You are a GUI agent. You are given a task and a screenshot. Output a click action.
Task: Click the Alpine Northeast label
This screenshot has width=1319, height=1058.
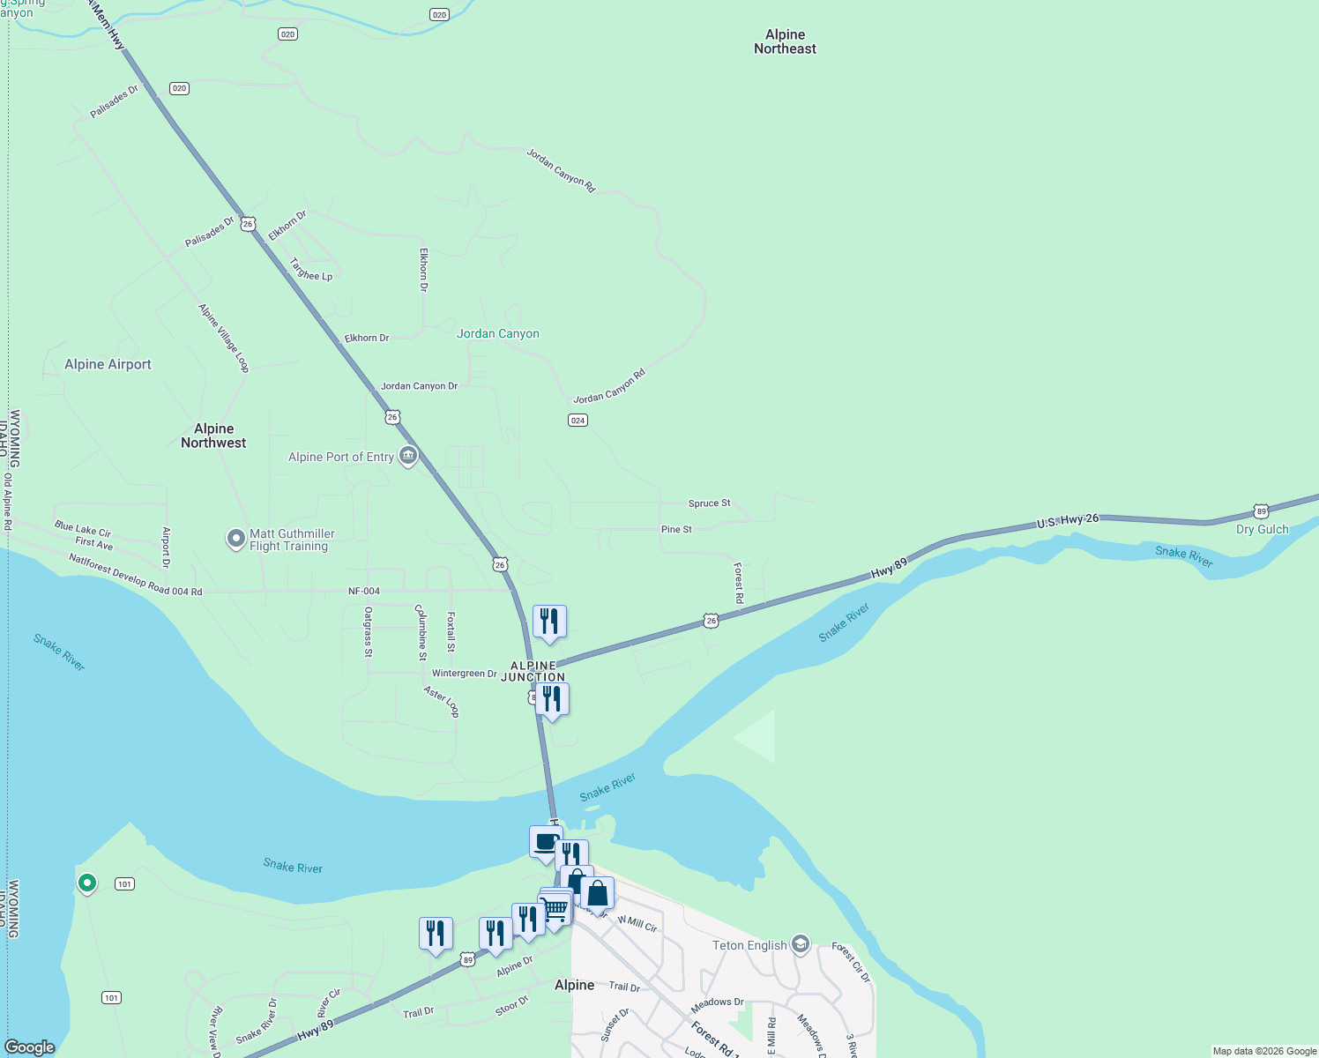pos(785,41)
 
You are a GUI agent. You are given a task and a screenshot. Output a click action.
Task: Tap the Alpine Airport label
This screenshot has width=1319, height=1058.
pos(108,364)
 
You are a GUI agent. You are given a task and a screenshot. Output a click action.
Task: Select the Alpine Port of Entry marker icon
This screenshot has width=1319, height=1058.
pos(408,456)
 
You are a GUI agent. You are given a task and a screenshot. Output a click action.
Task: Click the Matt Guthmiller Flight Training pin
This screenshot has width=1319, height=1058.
pos(235,538)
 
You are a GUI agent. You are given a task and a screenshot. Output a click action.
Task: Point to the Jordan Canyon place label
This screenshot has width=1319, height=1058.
pos(498,333)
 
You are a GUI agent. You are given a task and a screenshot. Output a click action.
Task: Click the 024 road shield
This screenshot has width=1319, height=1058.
pos(578,420)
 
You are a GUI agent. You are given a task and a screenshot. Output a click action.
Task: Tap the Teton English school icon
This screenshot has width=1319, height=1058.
pos(801,944)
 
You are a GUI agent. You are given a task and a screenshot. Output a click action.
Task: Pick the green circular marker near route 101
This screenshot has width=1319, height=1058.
pos(86,882)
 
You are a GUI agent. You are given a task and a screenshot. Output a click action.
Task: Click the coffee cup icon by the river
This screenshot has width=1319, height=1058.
pos(546,842)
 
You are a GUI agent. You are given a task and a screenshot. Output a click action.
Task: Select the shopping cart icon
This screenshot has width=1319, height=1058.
pos(555,908)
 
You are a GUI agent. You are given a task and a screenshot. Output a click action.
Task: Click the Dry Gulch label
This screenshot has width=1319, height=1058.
pos(1262,529)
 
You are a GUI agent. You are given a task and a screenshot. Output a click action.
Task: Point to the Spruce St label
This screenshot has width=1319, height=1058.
pos(709,503)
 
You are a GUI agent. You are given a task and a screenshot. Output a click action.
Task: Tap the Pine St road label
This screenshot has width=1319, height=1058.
pos(676,529)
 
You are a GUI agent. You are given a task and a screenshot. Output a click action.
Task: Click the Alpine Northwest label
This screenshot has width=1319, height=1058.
pos(213,436)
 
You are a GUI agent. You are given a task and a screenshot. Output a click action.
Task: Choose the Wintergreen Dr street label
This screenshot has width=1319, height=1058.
pos(464,673)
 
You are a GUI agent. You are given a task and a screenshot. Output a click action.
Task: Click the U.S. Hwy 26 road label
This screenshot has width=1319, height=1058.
pos(1068,521)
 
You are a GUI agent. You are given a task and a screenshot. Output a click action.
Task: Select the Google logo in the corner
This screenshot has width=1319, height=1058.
pos(30,1047)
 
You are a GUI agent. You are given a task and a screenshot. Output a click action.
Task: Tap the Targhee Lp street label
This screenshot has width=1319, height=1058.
pos(311,270)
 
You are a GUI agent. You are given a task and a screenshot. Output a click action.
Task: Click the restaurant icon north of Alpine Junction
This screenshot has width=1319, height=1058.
pos(549,622)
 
